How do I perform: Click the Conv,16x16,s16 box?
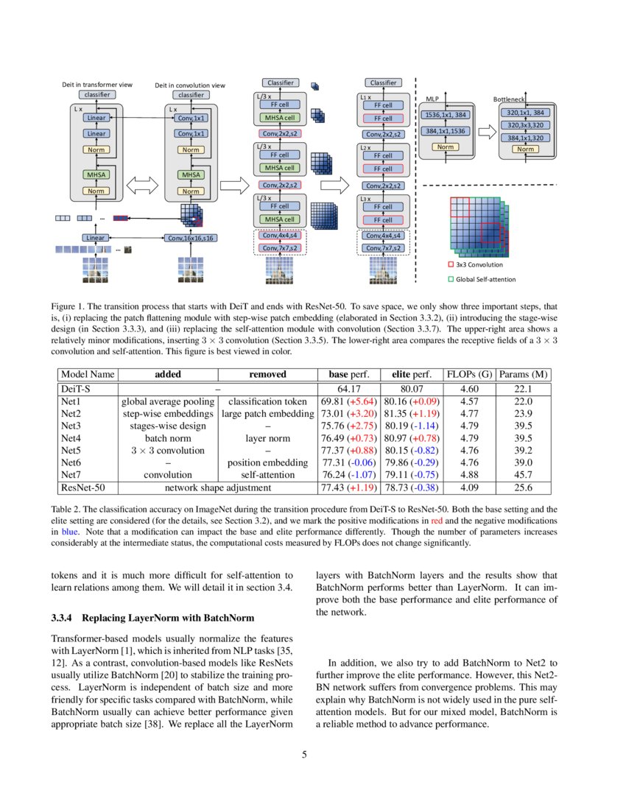click(x=191, y=238)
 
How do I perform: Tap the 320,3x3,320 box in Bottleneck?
click(x=525, y=125)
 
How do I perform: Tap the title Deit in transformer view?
click(x=97, y=85)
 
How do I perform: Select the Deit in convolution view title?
click(x=190, y=85)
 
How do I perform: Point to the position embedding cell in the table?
click(x=267, y=462)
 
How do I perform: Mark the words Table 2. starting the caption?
click(x=66, y=509)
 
